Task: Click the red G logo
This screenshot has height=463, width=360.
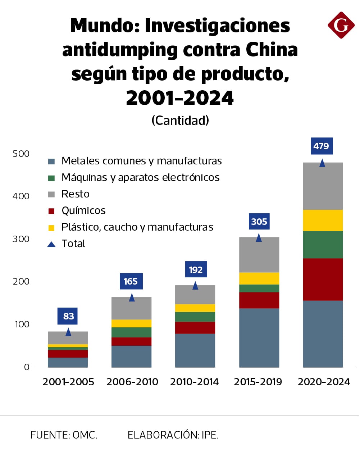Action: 341,25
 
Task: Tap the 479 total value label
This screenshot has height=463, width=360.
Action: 321,146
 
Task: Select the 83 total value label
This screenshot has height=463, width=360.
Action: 68,316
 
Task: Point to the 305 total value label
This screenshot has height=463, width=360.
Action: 259,222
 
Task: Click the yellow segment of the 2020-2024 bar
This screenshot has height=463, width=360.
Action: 323,220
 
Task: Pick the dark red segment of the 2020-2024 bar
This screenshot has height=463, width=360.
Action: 323,279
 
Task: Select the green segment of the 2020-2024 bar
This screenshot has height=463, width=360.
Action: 323,245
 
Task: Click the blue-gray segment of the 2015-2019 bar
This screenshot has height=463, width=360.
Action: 259,337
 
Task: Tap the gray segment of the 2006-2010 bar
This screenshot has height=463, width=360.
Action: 131,308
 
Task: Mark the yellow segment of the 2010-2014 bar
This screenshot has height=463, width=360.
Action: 195,308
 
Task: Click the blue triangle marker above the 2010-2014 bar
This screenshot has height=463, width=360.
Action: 195,286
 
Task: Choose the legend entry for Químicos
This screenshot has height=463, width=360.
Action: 83,210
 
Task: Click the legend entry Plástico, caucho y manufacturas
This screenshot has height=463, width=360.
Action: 137,227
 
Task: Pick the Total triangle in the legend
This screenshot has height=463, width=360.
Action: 51,244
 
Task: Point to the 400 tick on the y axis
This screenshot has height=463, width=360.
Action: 21,196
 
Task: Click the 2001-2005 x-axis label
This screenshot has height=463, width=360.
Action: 68,382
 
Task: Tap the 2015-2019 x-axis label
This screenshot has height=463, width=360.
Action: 258,382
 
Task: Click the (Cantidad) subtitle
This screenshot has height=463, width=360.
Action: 180,120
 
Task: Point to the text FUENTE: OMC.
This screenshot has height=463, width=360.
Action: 64,435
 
